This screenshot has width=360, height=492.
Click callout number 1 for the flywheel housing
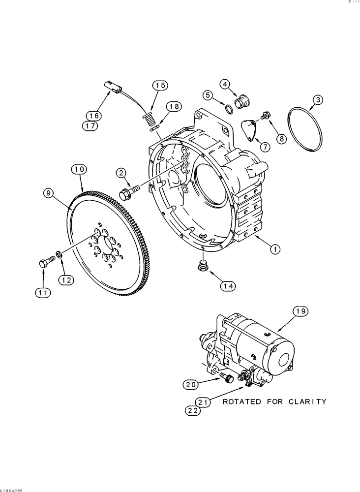tap(274, 249)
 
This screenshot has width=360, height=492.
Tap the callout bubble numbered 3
tap(318, 100)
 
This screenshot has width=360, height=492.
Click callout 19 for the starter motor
tap(300, 311)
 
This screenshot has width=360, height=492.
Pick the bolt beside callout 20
tap(227, 378)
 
